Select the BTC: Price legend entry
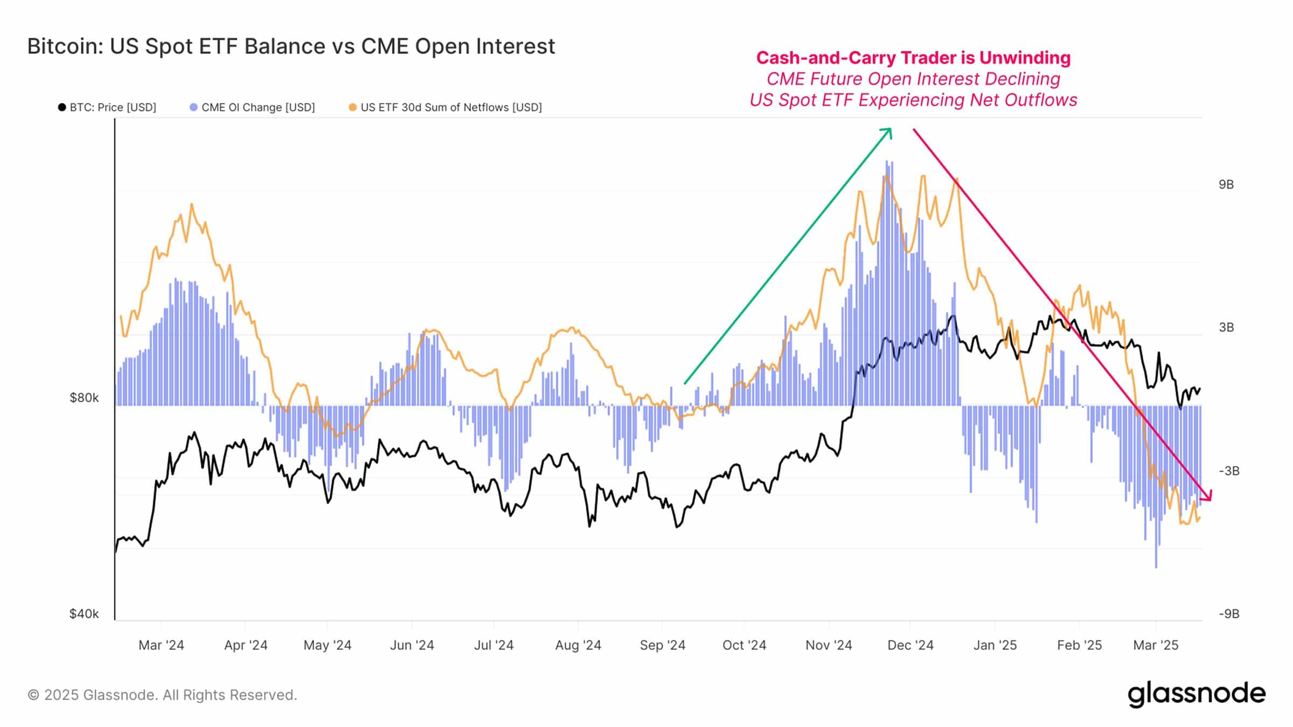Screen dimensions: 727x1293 [108, 107]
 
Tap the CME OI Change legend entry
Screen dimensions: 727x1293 [253, 107]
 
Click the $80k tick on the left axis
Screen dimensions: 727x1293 [84, 398]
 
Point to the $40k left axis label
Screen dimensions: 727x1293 [84, 614]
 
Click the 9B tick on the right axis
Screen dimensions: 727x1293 [1226, 185]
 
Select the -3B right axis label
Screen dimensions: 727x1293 [1228, 471]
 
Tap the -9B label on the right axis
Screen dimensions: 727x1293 [1228, 614]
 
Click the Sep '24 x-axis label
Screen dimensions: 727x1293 [662, 645]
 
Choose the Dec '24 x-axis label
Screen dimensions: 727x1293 [910, 645]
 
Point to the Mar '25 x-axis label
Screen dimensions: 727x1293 [1156, 645]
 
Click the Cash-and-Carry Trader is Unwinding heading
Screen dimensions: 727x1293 [913, 58]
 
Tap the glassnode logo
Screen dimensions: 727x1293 [1196, 694]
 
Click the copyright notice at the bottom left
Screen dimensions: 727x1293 [162, 695]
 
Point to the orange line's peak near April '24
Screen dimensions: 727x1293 [191, 204]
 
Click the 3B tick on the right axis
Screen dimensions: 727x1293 [1226, 327]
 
